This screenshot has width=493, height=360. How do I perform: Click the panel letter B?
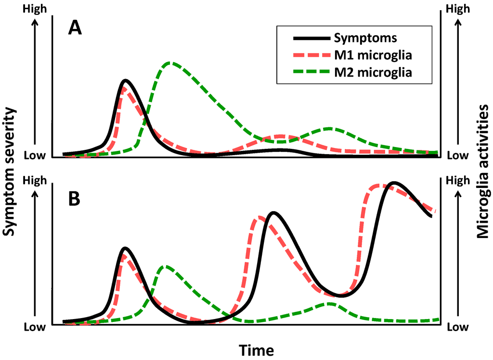point(74,199)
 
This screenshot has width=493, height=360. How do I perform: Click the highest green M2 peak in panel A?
point(169,63)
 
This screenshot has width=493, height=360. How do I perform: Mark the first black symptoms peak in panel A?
point(125,80)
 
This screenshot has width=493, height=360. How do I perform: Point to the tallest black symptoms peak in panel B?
point(394,183)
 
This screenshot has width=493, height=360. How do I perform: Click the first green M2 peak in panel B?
point(165,266)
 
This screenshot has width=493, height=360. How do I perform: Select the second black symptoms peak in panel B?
point(273,213)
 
